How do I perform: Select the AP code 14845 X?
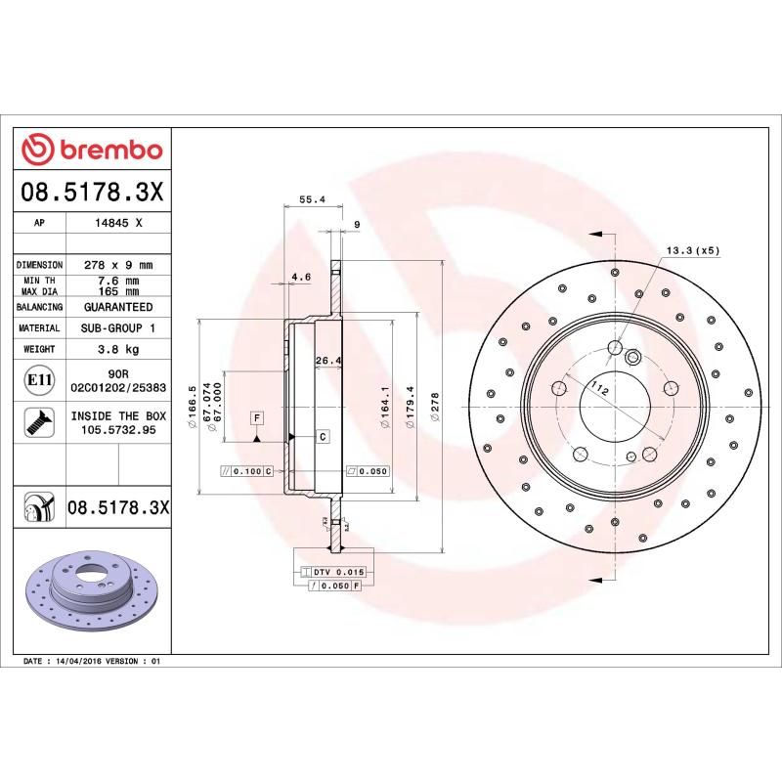point(118,223)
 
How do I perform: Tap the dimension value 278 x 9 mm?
point(118,265)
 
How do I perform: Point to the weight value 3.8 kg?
point(118,349)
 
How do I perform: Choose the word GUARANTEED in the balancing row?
point(118,307)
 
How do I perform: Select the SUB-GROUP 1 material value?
point(118,328)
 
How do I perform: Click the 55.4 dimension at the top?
point(311,199)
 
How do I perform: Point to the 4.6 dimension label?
point(301,277)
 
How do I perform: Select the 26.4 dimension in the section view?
point(327,361)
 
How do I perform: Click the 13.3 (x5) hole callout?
point(692,250)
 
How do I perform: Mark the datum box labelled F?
point(257,417)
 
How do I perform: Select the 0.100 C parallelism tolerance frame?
point(247,471)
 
